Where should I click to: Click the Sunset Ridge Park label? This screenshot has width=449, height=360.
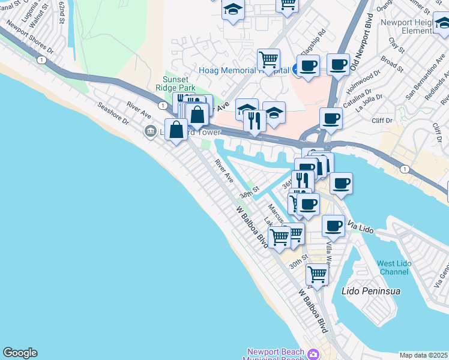pos(176,83)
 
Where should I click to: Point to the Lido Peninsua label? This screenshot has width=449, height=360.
pos(370,291)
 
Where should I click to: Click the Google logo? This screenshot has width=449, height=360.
pos(20,353)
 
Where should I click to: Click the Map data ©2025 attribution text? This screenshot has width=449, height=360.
pos(424,355)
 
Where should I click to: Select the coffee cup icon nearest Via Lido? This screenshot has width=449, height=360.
pos(333,226)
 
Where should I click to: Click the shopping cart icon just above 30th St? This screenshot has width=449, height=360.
pos(316,275)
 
